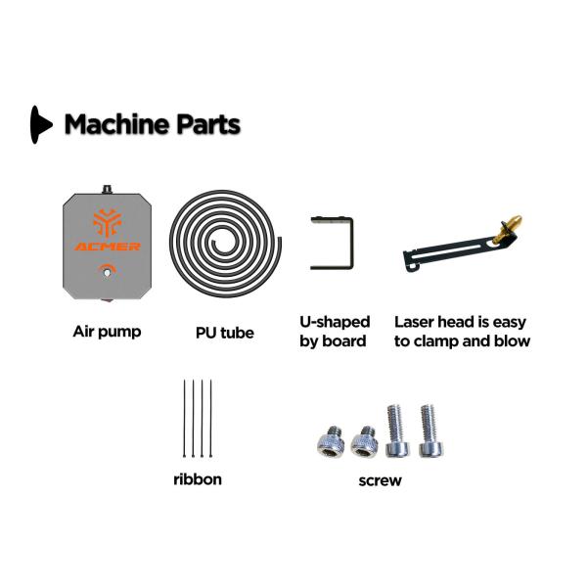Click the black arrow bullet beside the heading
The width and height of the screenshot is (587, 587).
pyautogui.click(x=40, y=124)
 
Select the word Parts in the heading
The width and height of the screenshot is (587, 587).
pyautogui.click(x=208, y=124)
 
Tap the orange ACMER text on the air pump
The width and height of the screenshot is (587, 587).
pyautogui.click(x=107, y=247)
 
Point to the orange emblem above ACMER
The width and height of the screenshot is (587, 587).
pyautogui.click(x=107, y=222)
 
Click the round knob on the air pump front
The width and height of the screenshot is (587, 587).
pyautogui.click(x=107, y=272)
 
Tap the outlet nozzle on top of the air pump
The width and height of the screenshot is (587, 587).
pyautogui.click(x=108, y=190)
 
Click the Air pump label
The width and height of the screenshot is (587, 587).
pyautogui.click(x=107, y=332)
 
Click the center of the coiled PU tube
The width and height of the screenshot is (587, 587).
pyautogui.click(x=224, y=244)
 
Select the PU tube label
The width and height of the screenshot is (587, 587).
pyautogui.click(x=225, y=333)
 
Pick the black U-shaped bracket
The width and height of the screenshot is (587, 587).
pyautogui.click(x=350, y=244)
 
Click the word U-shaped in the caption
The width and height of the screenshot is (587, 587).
pyautogui.click(x=335, y=322)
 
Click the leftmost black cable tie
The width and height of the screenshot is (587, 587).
pyautogui.click(x=184, y=418)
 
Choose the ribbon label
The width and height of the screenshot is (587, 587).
pyautogui.click(x=198, y=479)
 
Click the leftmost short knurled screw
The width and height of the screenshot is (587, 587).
pyautogui.click(x=331, y=442)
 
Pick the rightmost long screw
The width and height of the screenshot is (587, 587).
pyautogui.click(x=430, y=430)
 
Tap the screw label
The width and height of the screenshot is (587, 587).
pyautogui.click(x=380, y=480)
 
